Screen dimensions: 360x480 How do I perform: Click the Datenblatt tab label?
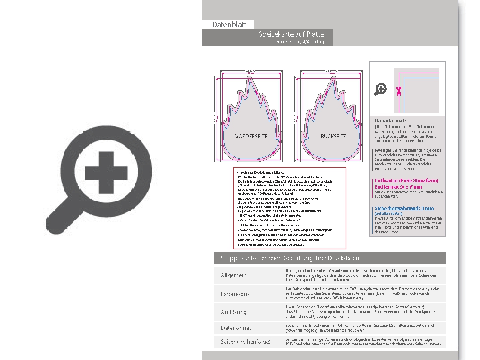(x=229, y=24)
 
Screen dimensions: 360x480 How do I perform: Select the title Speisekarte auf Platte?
(x=291, y=34)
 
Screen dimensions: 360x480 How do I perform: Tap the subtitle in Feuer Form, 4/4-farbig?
(x=297, y=42)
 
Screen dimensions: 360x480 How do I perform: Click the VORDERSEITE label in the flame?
(x=251, y=136)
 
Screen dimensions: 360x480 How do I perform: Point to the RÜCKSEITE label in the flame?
(x=333, y=136)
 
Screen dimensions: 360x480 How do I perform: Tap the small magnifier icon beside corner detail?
(x=381, y=89)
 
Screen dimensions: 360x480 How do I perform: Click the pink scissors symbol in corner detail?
(x=399, y=90)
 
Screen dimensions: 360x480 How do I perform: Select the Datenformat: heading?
(x=390, y=121)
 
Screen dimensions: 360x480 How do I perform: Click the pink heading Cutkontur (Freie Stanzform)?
(x=406, y=181)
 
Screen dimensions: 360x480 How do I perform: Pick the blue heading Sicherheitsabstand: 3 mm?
(x=404, y=208)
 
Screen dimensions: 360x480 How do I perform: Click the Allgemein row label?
(x=234, y=275)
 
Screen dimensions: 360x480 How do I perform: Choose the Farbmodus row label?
(x=235, y=294)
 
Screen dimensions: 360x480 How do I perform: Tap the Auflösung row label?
(x=234, y=312)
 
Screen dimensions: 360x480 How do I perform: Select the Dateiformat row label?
(x=236, y=328)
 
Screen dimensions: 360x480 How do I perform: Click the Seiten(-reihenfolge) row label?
(x=246, y=342)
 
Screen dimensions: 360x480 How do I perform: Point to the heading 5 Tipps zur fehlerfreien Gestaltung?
(x=290, y=258)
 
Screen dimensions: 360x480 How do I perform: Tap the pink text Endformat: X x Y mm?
(x=398, y=187)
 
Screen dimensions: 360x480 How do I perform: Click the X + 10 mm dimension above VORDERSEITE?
(x=251, y=70)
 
